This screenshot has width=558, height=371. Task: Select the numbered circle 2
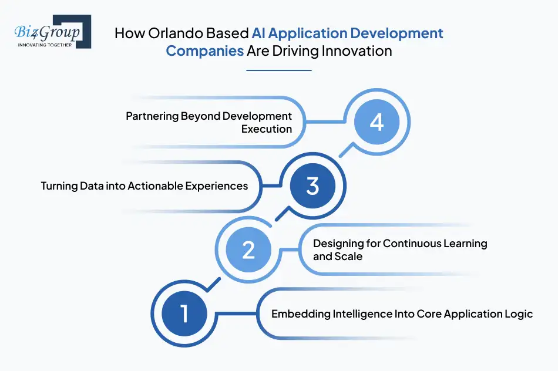[248, 250]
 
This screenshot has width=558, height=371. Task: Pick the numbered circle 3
[312, 186]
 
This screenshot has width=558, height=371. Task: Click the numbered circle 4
[376, 122]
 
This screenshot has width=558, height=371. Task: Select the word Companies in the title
[204, 51]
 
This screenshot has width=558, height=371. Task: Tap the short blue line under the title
[278, 70]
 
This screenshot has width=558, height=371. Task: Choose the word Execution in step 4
[267, 129]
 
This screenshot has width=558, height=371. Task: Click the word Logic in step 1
[519, 314]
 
